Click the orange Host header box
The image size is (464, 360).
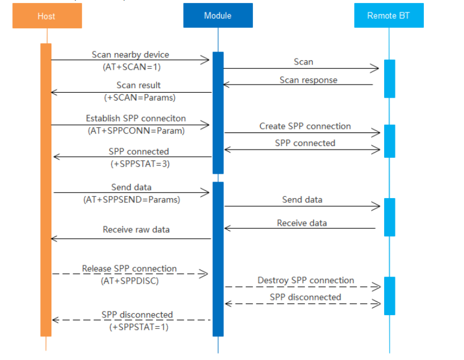point(47,16)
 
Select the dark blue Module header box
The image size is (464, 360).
point(218,16)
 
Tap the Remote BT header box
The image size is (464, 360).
point(388,16)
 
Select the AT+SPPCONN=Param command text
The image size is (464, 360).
point(135,131)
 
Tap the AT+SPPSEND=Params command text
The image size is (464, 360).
point(131,200)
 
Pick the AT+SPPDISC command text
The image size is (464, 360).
point(130,281)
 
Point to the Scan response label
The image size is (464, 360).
point(308,80)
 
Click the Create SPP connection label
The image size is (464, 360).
point(305,127)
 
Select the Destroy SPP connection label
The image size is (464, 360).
point(306,280)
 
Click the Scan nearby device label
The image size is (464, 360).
point(131,54)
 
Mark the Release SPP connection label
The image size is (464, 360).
point(129,268)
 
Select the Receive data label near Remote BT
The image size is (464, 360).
point(301,223)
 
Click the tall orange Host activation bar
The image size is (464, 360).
point(46,189)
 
